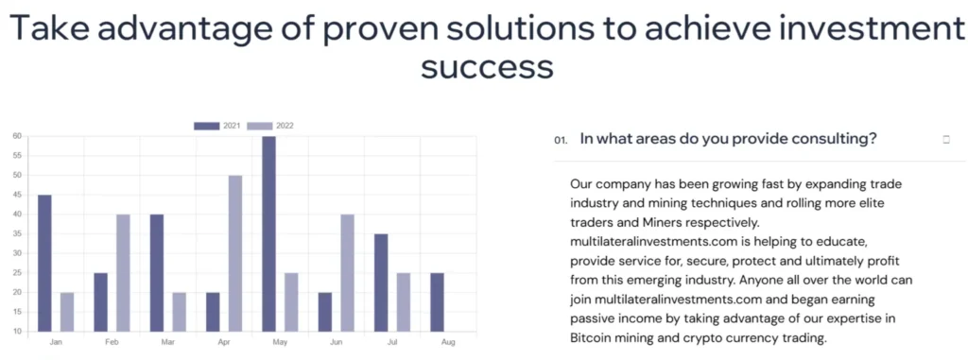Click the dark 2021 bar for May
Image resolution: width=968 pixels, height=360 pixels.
coord(268,234)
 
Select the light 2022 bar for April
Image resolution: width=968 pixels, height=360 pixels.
coord(235,254)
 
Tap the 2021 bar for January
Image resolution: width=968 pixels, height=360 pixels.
coord(45,264)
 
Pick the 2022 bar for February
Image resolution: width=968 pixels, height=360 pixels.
coord(124,273)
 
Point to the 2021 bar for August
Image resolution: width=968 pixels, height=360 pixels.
coord(437,302)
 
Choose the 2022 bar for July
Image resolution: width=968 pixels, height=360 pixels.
coord(403,302)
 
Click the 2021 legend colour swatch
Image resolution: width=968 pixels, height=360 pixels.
coord(207,126)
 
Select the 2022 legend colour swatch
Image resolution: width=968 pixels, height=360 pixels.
coord(260,126)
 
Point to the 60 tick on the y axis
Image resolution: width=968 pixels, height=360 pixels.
coord(18,136)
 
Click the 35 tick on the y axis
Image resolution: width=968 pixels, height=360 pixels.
coord(18,234)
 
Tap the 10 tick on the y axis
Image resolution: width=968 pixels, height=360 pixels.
coord(18,332)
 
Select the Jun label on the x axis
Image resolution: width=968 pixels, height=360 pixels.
coord(336,341)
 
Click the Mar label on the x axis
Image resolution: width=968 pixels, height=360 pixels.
coord(168,341)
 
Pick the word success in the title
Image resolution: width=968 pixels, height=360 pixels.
coord(487,66)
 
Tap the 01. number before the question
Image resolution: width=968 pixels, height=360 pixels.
coord(562,141)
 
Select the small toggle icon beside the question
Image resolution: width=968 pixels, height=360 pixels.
coord(946,140)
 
